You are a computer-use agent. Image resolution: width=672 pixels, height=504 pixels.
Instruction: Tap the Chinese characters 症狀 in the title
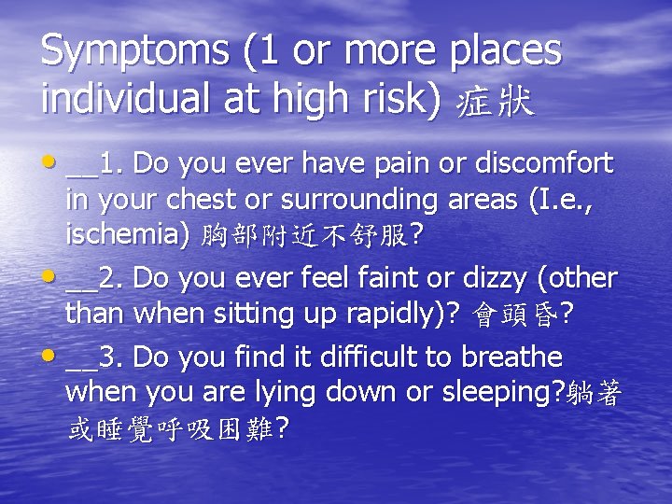495,101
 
